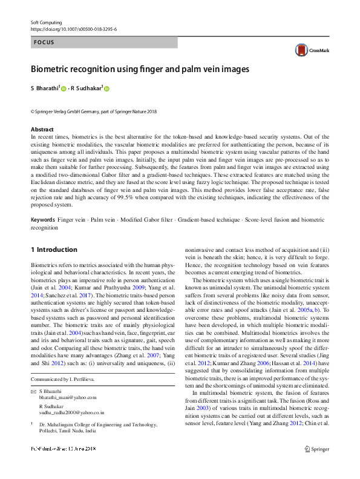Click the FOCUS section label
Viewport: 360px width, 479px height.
[x=44, y=43]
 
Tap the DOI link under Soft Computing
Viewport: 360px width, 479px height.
[x=74, y=28]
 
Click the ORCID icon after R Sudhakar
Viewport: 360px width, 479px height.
[x=107, y=88]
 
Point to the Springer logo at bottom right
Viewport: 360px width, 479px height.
[x=318, y=449]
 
